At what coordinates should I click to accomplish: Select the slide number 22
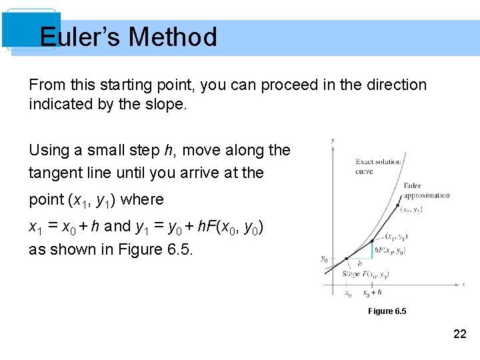pos(460,334)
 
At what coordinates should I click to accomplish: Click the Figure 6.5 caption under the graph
pos(387,311)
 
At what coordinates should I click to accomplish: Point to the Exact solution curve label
pos(378,167)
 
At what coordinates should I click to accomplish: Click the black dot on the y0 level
pos(346,259)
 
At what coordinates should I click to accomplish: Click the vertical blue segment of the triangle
pos(372,250)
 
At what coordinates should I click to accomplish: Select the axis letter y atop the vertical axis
pos(333,140)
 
